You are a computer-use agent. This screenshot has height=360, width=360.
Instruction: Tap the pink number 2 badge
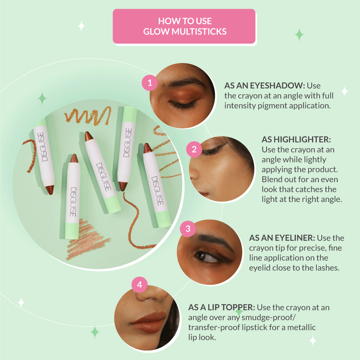click(x=194, y=149)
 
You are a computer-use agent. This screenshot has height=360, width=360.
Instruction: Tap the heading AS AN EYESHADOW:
click(x=265, y=86)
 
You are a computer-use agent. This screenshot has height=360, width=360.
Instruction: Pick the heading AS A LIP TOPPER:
click(x=222, y=308)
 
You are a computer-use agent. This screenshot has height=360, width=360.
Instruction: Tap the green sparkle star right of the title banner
click(x=299, y=35)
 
